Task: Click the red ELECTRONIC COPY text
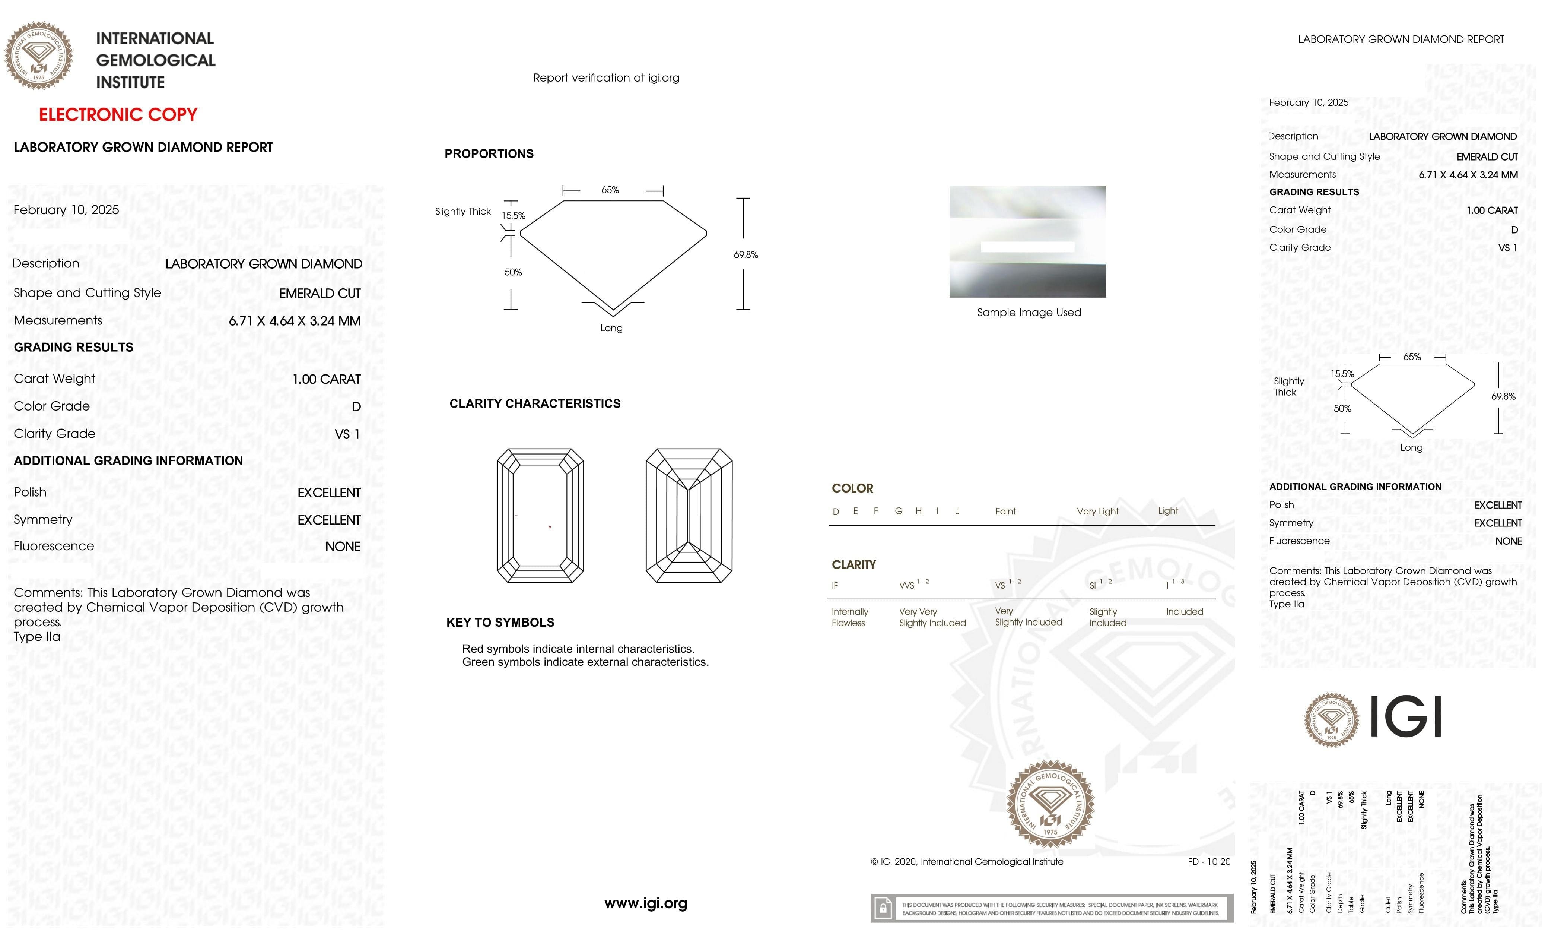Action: [118, 115]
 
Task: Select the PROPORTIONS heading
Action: [489, 153]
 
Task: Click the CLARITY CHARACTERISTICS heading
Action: [534, 404]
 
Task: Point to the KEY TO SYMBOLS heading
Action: [500, 622]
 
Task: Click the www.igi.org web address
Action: [646, 903]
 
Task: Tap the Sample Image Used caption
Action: [1028, 313]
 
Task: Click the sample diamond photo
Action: [1027, 241]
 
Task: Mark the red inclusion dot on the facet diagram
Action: [550, 527]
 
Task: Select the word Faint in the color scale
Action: [1005, 511]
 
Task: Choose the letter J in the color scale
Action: [957, 511]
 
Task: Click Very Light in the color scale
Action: [1097, 511]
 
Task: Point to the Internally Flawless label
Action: [849, 617]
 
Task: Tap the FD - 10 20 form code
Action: [1208, 862]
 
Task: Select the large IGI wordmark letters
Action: [1406, 716]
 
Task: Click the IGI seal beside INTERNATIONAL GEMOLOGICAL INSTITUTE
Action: [39, 56]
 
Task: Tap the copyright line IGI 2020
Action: [967, 862]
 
